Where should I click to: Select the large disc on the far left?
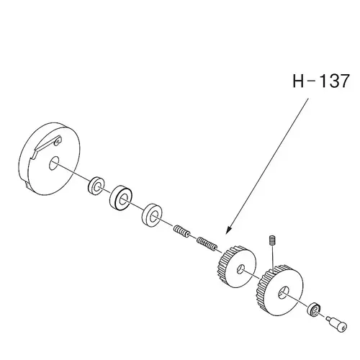[x=49, y=161]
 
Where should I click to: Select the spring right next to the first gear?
[x=207, y=243]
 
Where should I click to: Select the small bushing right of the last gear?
[x=314, y=310]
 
